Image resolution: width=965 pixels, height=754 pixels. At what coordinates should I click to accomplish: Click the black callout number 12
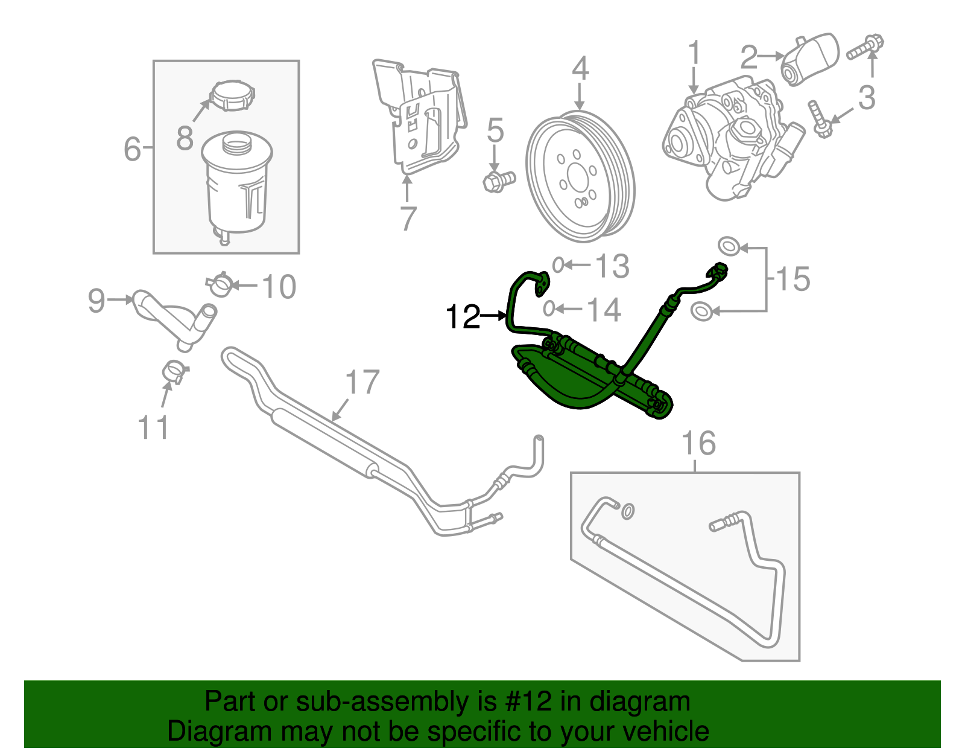click(x=463, y=316)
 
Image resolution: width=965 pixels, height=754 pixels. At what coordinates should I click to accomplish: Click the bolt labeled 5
click(x=498, y=180)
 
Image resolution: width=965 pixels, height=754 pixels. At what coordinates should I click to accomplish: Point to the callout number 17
click(x=362, y=383)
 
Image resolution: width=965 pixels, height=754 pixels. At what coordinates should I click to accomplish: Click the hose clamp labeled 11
click(x=175, y=371)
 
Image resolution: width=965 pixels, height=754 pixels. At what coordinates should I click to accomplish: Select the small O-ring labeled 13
click(x=558, y=264)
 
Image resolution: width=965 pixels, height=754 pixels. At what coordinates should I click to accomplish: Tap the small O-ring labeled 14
click(x=548, y=309)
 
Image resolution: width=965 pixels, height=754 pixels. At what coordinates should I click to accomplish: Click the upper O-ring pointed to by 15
click(x=729, y=246)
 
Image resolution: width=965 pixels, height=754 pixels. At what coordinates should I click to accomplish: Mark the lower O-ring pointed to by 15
click(x=701, y=312)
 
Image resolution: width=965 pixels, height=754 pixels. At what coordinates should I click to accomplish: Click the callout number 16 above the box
click(x=698, y=444)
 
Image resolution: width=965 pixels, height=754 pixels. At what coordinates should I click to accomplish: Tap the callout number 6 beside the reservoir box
click(x=132, y=149)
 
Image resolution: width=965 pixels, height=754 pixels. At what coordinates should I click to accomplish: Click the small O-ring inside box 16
click(x=627, y=511)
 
